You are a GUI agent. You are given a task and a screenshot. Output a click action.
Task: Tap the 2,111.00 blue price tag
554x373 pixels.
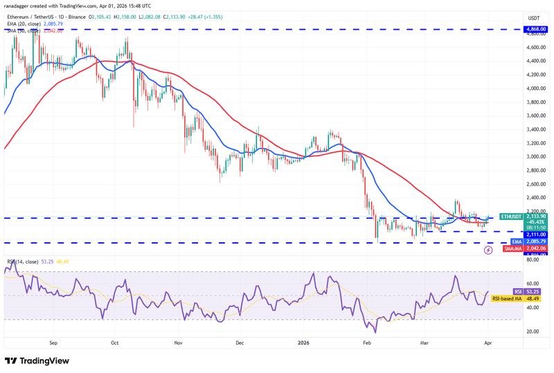pos(533,235)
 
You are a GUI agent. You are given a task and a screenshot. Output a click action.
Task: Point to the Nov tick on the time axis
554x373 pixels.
pos(178,342)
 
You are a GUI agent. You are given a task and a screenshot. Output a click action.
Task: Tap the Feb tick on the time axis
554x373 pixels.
pos(368,342)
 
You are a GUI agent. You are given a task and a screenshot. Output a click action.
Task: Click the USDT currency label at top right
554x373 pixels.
pos(533,18)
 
